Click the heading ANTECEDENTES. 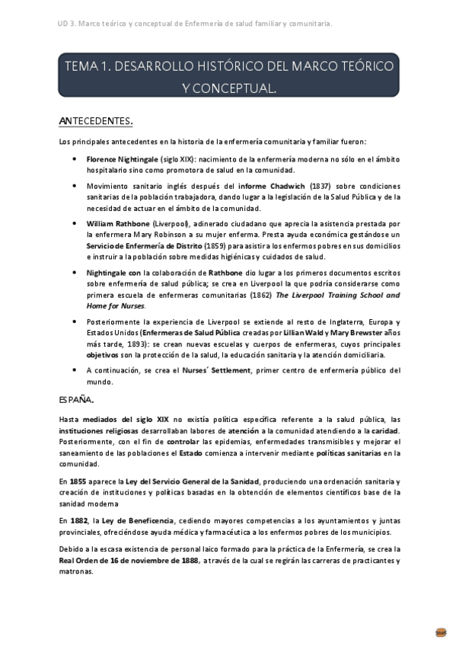(x=96, y=120)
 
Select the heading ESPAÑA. (x=76, y=398)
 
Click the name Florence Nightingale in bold (x=122, y=158)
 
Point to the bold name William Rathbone (x=118, y=224)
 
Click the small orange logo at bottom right (x=440, y=632)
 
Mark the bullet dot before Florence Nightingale (x=74, y=158)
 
